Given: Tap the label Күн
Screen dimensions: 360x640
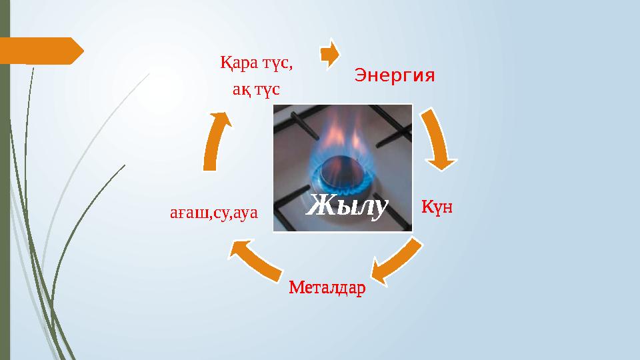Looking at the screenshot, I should pyautogui.click(x=437, y=207).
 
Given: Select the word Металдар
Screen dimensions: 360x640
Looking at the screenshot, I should pyautogui.click(x=327, y=288).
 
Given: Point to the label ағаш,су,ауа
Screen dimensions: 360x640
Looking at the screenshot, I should pyautogui.click(x=213, y=213).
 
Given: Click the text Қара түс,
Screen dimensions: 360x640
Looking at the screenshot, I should pyautogui.click(x=257, y=64).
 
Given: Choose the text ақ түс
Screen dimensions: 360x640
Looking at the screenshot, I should pyautogui.click(x=256, y=89).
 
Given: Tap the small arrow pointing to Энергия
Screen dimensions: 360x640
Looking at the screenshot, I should pyautogui.click(x=329, y=55).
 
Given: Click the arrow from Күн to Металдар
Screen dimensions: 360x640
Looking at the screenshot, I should pyautogui.click(x=396, y=261).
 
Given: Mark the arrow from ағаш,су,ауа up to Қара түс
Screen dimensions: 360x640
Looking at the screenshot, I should pyautogui.click(x=216, y=140).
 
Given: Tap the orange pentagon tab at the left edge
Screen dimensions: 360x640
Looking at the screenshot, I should pyautogui.click(x=40, y=50).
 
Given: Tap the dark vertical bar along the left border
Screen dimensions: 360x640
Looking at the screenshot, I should pyautogui.click(x=5, y=180).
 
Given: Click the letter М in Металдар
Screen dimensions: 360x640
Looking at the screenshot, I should pyautogui.click(x=295, y=288).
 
